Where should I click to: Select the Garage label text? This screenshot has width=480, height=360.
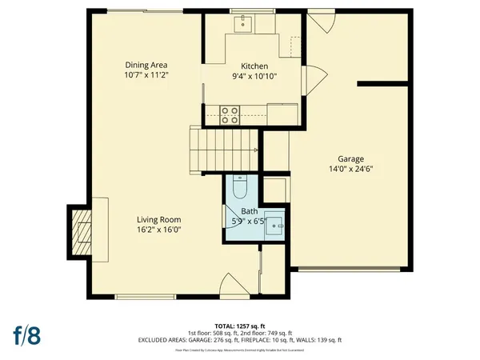point(350,159)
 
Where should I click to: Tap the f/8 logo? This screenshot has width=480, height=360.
point(25,335)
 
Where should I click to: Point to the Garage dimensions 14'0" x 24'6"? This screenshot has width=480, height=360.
point(350,170)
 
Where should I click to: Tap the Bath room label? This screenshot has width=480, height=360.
point(249,211)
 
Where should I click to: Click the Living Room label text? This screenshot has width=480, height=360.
point(158,220)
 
